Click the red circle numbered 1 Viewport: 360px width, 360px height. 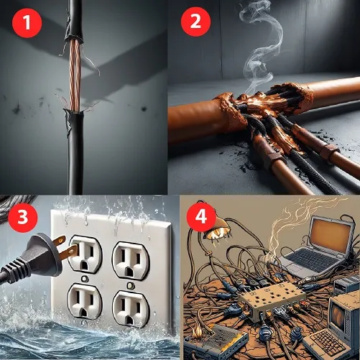coord(27,23)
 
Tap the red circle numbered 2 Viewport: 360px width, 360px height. coord(195,22)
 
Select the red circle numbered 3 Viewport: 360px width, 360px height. coord(23,218)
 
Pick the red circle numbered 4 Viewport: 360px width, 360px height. coord(201,218)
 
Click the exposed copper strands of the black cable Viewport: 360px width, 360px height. coord(75,74)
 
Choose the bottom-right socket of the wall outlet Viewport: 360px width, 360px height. coord(131,309)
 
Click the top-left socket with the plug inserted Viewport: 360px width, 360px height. coord(85,254)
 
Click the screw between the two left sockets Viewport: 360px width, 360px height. coord(84,279)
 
